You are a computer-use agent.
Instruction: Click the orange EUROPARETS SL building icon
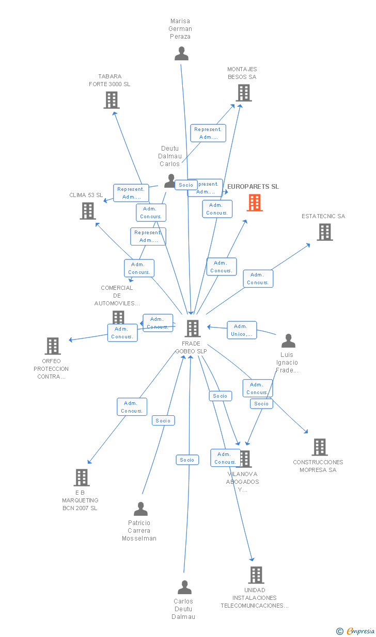tap(255, 203)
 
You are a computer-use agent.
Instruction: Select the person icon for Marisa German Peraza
tap(181, 54)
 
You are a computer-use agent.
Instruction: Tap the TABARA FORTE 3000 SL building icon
tap(111, 100)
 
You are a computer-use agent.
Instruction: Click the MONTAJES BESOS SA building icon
tap(243, 93)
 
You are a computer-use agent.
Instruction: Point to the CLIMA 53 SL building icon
tap(88, 211)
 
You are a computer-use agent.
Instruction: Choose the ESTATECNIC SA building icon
tap(324, 232)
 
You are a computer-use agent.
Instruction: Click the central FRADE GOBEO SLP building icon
tap(192, 328)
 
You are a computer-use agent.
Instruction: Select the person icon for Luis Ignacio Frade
tap(288, 341)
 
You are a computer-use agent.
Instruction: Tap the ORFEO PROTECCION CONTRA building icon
tap(53, 346)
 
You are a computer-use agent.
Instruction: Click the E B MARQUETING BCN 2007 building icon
tap(81, 478)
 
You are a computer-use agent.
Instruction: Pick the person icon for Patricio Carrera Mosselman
tap(140, 509)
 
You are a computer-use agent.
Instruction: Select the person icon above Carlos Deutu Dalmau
tap(184, 587)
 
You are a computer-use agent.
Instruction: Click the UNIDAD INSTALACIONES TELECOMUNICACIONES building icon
tap(256, 575)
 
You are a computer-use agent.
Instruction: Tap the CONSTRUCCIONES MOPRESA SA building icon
tap(319, 447)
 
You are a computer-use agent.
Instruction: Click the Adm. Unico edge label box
tap(241, 330)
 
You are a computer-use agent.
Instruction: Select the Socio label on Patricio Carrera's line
tap(163, 420)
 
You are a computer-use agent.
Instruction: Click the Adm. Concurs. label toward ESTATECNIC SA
tap(258, 279)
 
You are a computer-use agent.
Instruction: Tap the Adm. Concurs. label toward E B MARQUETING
tap(132, 407)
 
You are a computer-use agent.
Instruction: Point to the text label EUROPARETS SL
tap(253, 187)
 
